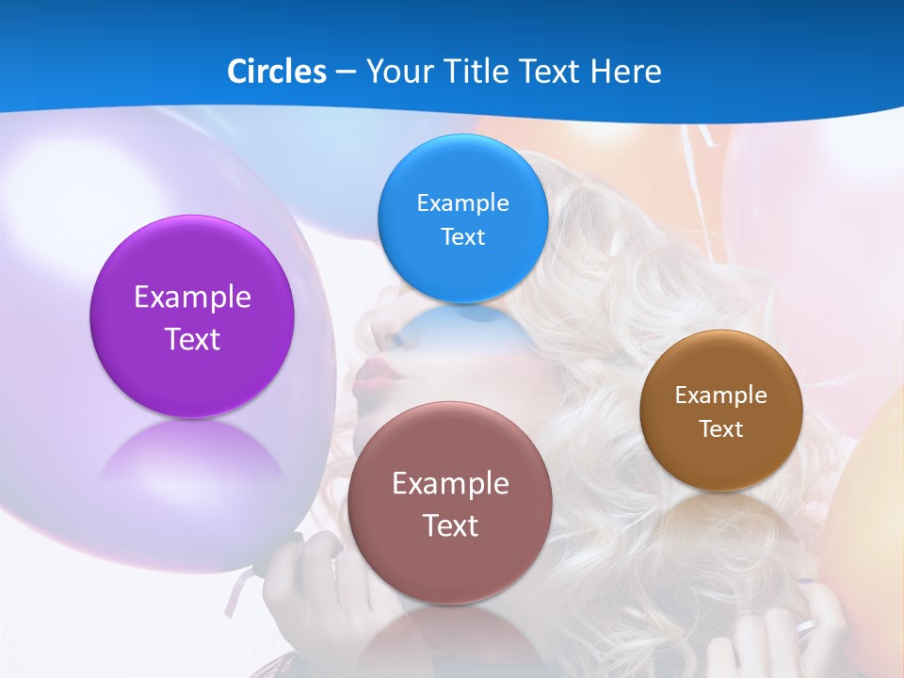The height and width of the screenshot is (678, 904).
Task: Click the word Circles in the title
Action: (x=276, y=72)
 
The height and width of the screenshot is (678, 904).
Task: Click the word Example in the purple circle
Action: (x=192, y=298)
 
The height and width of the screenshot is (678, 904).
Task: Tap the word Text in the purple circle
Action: (x=192, y=339)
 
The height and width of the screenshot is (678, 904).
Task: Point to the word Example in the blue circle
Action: (x=462, y=203)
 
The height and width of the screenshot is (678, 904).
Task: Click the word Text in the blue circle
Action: (x=462, y=237)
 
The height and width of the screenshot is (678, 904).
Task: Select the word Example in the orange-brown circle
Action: (x=721, y=395)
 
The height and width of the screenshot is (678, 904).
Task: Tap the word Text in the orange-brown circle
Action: (x=721, y=429)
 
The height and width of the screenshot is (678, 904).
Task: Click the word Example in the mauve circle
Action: (x=450, y=484)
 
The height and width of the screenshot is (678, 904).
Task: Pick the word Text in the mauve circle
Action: (x=450, y=525)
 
